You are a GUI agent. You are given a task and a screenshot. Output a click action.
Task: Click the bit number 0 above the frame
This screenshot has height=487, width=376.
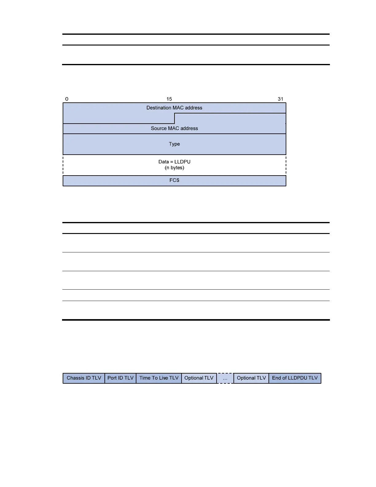67,99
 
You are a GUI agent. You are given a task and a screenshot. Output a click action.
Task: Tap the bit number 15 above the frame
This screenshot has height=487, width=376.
169,99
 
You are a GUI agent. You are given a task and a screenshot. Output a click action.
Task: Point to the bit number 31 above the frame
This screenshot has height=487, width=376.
280,99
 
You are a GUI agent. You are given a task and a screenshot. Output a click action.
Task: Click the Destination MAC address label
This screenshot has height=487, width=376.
174,108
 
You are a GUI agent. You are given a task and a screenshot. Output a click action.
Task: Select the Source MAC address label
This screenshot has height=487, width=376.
174,129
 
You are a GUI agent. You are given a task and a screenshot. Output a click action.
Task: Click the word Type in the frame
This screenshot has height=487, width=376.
174,144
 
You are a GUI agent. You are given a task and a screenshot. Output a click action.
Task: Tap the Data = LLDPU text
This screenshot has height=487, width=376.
174,162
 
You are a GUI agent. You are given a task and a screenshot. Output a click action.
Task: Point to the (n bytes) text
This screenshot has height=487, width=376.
174,168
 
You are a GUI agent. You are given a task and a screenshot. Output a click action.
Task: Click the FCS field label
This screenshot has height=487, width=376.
174,180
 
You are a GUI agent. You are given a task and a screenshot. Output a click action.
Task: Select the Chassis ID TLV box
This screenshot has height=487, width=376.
84,378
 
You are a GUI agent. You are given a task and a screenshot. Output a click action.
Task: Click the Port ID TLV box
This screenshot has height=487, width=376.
120,378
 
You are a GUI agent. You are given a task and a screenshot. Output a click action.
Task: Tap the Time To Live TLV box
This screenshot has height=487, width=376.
159,378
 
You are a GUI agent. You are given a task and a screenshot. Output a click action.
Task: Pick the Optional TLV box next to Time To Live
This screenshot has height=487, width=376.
199,378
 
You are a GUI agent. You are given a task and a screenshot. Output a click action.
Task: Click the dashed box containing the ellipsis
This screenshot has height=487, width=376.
225,378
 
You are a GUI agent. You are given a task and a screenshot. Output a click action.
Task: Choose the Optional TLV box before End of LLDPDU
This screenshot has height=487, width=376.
251,378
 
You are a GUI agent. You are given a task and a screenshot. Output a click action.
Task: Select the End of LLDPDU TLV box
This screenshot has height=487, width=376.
295,378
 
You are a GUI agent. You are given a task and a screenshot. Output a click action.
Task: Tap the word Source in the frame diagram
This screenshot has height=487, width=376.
159,129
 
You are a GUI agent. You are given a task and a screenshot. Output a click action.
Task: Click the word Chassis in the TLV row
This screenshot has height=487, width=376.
75,378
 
